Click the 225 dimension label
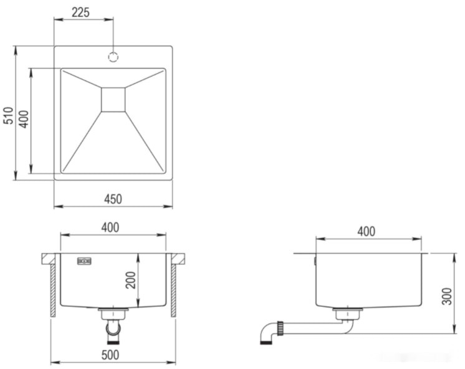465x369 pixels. pyautogui.click(x=80, y=12)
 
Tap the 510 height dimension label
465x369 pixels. pyautogui.click(x=9, y=115)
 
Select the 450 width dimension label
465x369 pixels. pyautogui.click(x=113, y=199)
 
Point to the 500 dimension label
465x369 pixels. pyautogui.click(x=110, y=355)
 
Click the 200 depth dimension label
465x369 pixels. pyautogui.click(x=130, y=280)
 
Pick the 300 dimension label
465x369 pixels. pyautogui.click(x=447, y=296)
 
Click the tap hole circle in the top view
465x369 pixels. pyautogui.click(x=113, y=57)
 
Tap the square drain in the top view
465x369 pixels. pyautogui.click(x=113, y=100)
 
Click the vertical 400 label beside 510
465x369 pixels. pyautogui.click(x=24, y=119)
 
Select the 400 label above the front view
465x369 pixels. pyautogui.click(x=110, y=228)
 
